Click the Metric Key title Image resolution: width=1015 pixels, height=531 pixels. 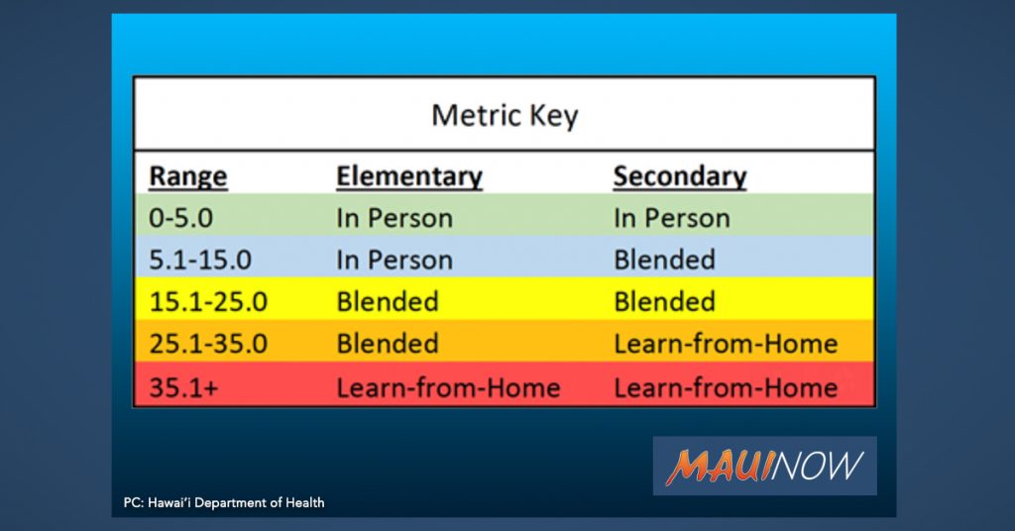point(505,116)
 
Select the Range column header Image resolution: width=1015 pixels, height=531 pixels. point(187,176)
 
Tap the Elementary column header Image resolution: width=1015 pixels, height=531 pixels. point(409,176)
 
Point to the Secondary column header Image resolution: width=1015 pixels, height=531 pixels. point(680,176)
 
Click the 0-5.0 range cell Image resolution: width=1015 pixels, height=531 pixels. point(180,218)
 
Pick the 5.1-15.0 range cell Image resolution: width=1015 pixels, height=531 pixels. point(200,260)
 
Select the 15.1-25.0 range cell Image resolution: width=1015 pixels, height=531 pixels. point(208,302)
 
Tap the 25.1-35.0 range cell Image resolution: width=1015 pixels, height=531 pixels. point(208,344)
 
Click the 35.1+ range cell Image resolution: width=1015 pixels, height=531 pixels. point(183,387)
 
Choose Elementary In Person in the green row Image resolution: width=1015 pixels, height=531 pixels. point(395,218)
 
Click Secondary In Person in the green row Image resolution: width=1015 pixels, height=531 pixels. point(671,218)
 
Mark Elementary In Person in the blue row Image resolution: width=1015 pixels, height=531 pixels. point(395,260)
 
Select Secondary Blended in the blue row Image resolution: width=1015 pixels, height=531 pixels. point(664,260)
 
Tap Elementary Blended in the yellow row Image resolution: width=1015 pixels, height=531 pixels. point(388,302)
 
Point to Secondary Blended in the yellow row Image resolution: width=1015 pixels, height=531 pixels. point(664,302)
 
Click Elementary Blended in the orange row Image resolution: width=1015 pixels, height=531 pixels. point(388,344)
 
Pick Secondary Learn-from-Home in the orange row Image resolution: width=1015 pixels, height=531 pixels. point(726,344)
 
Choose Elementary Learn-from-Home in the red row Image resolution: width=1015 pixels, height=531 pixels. point(448,387)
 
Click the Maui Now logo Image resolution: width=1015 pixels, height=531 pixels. point(764,466)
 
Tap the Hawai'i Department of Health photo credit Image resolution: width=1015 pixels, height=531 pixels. point(224,502)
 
